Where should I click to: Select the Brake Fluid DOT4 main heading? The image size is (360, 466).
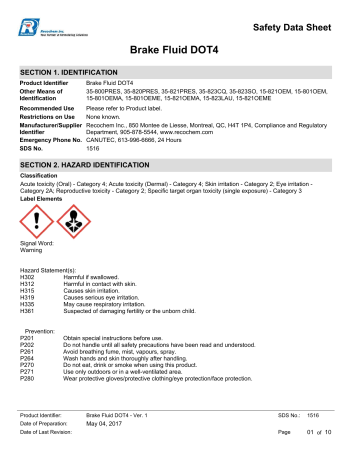[180, 50]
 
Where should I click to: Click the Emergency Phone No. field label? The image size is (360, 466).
[50, 141]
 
